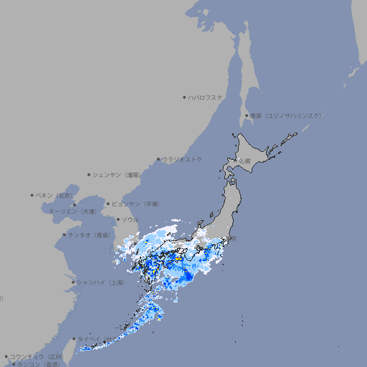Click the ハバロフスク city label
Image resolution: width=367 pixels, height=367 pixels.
click(206, 97)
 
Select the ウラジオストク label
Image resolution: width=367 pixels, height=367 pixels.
click(182, 159)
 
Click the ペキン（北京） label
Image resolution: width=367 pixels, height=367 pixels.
click(55, 195)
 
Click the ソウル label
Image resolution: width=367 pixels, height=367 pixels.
click(130, 219)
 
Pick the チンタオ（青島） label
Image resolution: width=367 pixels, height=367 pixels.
click(89, 235)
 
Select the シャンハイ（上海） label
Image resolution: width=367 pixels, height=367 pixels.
click(100, 282)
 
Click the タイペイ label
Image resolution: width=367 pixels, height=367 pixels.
click(89, 339)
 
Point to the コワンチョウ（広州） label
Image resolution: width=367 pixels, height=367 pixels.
click(37, 356)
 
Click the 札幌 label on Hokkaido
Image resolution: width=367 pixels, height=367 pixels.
click(245, 161)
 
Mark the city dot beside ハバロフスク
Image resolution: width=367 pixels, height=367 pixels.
click(185, 97)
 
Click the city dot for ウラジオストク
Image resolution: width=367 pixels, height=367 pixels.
click(158, 159)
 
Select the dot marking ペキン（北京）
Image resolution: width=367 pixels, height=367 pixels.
click(32, 195)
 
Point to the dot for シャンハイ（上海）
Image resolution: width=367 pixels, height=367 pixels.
click(73, 282)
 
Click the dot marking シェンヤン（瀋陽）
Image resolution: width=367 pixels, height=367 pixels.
click(89, 174)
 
